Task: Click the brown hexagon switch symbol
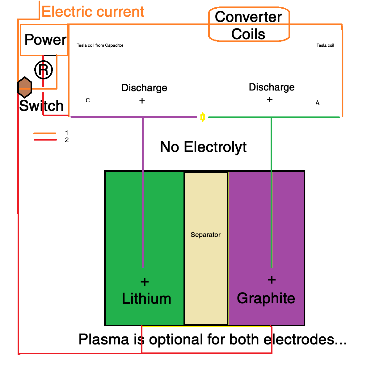pos(25,87)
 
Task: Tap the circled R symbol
pos(44,70)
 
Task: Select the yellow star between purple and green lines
pos(203,117)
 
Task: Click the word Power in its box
pos(45,40)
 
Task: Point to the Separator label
pos(205,235)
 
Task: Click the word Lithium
pos(146,299)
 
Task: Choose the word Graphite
pos(266,298)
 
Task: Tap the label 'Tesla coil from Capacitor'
pos(100,45)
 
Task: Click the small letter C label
pos(88,100)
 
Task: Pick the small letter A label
pos(317,103)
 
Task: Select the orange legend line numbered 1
pos(45,133)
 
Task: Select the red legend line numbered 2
pos(45,140)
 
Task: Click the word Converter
pos(248,17)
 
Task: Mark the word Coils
pos(248,34)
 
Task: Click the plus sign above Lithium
pos(145,282)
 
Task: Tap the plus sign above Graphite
pos(272,280)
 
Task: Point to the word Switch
pos(41,106)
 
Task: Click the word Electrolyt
pos(215,147)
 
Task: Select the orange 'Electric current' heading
pos(93,12)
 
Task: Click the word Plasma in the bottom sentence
pos(104,339)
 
